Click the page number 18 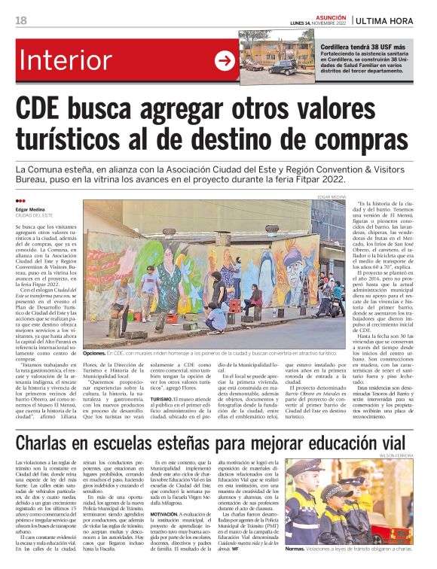click(x=21, y=20)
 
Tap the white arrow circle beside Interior click(x=225, y=62)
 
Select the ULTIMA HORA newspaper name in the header click(x=390, y=20)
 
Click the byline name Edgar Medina click(x=32, y=209)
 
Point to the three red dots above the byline click(x=20, y=201)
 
